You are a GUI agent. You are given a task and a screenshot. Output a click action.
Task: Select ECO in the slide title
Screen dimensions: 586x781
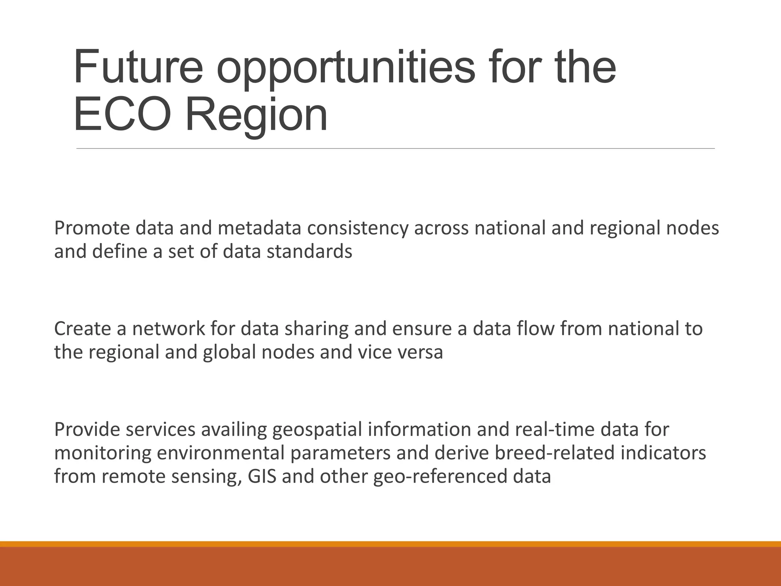tap(121, 114)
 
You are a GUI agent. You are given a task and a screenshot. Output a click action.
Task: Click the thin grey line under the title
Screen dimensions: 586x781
tap(395, 148)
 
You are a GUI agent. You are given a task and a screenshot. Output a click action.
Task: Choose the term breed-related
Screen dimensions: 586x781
tap(525, 453)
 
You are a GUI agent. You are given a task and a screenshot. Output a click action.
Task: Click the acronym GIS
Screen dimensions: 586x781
tap(262, 477)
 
